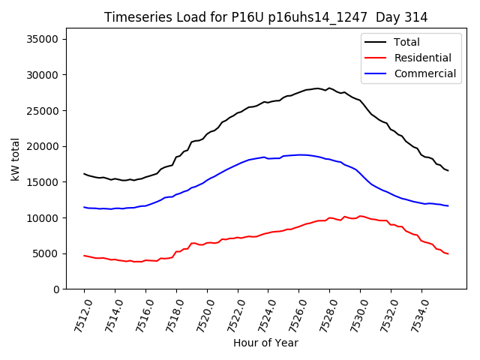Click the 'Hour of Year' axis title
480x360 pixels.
tap(265, 343)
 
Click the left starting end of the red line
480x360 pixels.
tap(84, 255)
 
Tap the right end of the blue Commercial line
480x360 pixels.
tap(448, 205)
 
